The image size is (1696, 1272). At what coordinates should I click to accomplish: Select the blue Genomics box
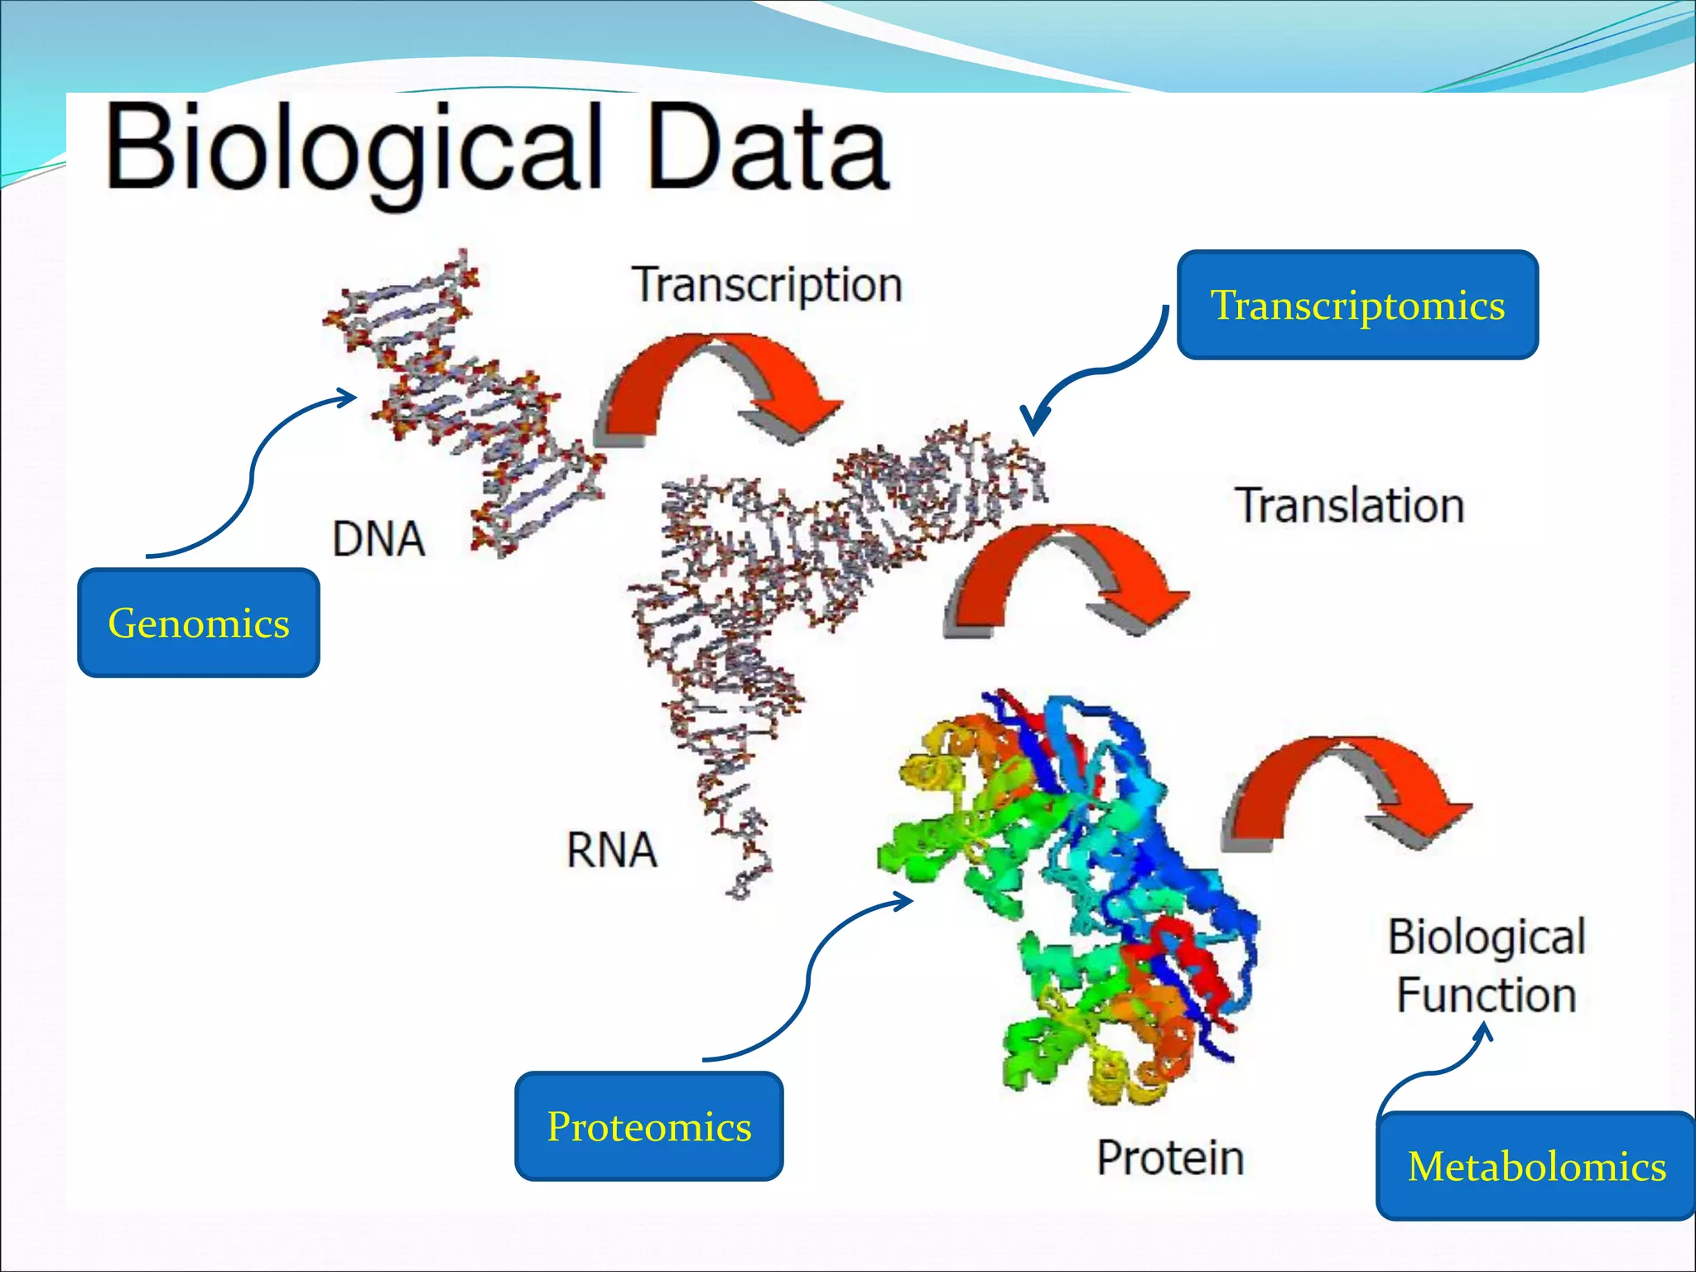pyautogui.click(x=199, y=623)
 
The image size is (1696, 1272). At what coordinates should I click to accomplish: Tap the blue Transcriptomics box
pyautogui.click(x=1357, y=305)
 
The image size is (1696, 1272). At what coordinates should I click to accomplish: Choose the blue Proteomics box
pyautogui.click(x=648, y=1126)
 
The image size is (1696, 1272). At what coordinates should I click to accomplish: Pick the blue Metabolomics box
pyautogui.click(x=1536, y=1166)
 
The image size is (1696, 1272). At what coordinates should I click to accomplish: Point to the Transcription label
pyautogui.click(x=767, y=286)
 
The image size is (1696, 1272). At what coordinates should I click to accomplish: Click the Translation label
pyautogui.click(x=1350, y=505)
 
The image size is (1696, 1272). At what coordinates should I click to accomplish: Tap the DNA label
pyautogui.click(x=378, y=539)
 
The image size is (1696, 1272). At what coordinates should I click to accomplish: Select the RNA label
pyautogui.click(x=612, y=850)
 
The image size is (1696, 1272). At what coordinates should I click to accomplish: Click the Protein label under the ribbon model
pyautogui.click(x=1170, y=1157)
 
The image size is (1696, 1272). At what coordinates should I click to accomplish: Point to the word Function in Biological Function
pyautogui.click(x=1486, y=995)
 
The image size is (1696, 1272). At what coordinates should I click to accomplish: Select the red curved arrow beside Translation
pyautogui.click(x=1064, y=576)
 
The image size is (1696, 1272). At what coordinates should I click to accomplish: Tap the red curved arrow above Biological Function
pyautogui.click(x=1342, y=787)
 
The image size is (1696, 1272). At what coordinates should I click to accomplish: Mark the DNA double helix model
pyautogui.click(x=464, y=397)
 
